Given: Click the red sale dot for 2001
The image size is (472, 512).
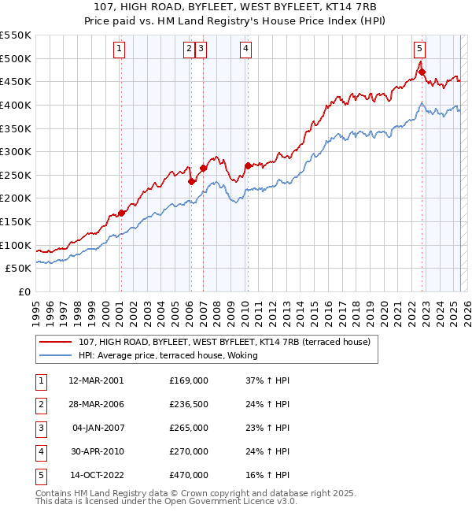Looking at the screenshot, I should click(122, 213).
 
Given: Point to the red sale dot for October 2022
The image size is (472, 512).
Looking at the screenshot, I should click(422, 72).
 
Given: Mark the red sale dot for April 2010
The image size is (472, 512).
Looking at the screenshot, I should click(249, 165).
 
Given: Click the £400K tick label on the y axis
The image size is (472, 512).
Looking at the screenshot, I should click(17, 105).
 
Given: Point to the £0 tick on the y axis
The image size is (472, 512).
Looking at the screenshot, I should click(24, 291).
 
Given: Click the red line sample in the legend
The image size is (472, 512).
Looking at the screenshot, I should click(55, 342).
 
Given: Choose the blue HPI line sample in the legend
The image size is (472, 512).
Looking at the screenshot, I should click(55, 355).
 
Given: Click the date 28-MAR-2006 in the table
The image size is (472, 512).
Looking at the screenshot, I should click(96, 404).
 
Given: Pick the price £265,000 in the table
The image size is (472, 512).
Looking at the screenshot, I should click(189, 428).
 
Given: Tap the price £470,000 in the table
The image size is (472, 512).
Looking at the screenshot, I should click(189, 475).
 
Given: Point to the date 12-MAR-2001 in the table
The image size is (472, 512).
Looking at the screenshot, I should click(96, 380).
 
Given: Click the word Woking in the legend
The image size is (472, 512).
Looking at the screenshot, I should click(242, 355).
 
